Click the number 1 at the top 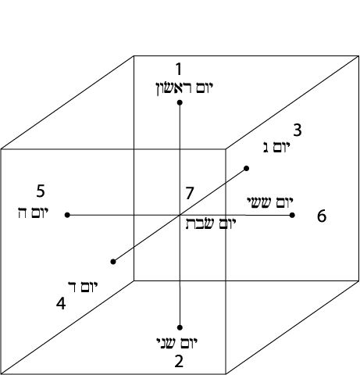point(179,69)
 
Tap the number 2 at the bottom point(179,362)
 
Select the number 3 point(298,130)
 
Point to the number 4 point(61,304)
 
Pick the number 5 point(41,191)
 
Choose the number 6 point(322,216)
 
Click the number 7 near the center point(190,193)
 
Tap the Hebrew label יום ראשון point(184,88)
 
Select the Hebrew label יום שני point(177,343)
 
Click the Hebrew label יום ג point(276,148)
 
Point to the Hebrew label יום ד point(83,287)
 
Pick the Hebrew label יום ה point(34,212)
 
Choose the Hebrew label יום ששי point(270,202)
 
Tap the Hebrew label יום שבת point(211,224)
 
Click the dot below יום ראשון point(180,102)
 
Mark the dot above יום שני point(180,327)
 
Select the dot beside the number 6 point(292,215)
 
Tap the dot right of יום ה point(67,215)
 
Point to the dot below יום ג point(246,169)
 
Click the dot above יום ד point(113,262)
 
